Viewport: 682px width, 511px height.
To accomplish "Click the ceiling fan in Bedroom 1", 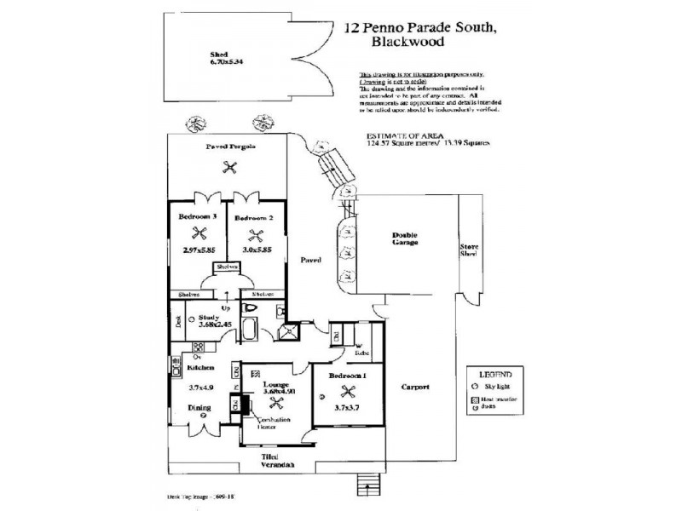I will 347,393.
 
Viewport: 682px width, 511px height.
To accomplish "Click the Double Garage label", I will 404,238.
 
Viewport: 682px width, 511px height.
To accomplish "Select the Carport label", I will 415,387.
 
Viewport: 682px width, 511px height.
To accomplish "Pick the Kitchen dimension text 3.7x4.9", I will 200,388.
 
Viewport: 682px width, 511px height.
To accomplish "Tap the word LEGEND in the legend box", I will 494,375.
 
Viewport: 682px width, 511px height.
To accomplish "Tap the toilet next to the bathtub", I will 251,308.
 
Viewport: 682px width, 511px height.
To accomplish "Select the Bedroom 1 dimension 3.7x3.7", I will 347,410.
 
